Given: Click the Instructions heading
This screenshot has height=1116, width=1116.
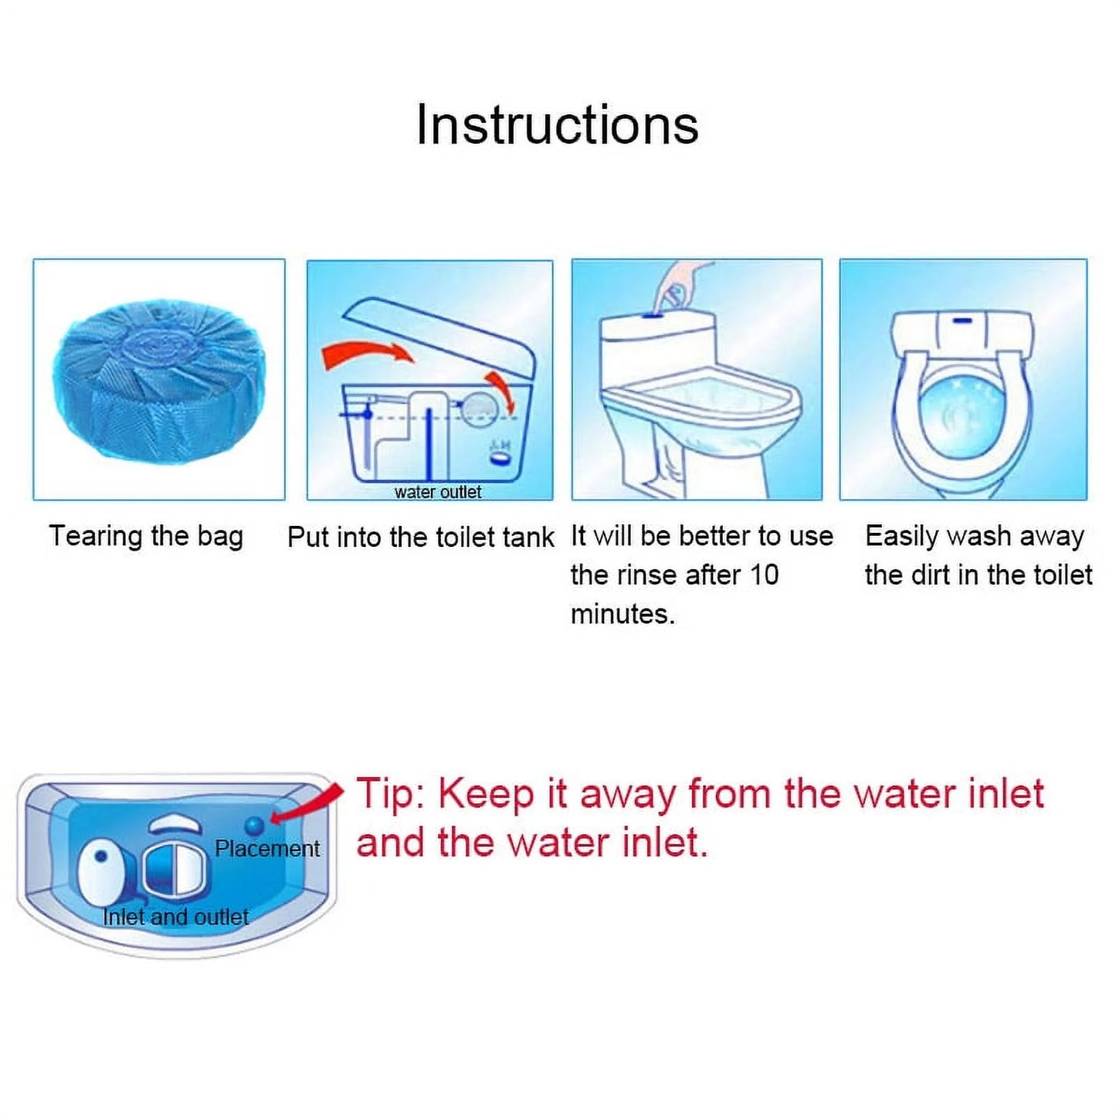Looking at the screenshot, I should click(557, 124).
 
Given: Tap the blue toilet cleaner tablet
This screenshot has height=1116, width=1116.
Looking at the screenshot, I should click(159, 382).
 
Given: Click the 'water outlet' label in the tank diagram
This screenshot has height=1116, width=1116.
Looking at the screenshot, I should click(437, 492).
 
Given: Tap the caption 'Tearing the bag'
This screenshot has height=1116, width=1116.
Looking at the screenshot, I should click(146, 536).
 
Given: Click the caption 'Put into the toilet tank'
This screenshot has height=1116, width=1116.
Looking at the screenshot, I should click(421, 537).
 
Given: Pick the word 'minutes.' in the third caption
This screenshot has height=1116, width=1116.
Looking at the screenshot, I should click(622, 614).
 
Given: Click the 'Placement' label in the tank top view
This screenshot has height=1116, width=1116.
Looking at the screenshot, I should click(267, 849).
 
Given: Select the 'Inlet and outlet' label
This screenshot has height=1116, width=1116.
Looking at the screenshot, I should click(175, 917).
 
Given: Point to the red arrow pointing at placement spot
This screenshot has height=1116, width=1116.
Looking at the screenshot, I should click(309, 804).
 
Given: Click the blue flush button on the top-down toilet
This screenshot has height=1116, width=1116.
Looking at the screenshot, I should click(962, 321).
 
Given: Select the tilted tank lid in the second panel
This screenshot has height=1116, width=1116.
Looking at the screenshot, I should click(440, 340).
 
